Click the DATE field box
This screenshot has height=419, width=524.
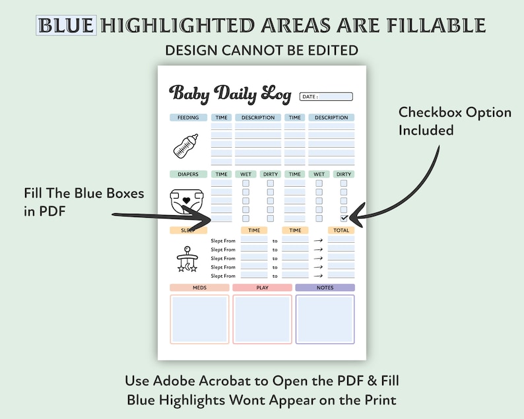[326, 96]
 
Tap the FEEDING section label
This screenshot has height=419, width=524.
[188, 118]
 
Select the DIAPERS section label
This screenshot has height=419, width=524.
[188, 174]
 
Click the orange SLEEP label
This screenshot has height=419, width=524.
[188, 230]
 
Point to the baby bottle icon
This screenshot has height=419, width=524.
[186, 146]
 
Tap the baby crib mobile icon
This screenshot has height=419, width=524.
[187, 261]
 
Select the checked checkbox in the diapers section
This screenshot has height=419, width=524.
[344, 218]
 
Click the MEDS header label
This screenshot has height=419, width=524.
[199, 288]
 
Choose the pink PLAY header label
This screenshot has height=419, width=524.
[262, 288]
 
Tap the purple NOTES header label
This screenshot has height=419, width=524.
[325, 288]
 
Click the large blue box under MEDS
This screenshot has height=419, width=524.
[199, 319]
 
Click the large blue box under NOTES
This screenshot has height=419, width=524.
[325, 319]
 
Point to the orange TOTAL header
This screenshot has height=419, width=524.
[341, 230]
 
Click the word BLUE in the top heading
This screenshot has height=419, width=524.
[66, 26]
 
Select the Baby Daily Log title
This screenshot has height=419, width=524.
[230, 93]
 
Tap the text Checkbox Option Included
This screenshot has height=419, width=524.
[455, 121]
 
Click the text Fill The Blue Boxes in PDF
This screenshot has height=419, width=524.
[84, 201]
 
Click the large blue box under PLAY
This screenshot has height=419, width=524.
[262, 319]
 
